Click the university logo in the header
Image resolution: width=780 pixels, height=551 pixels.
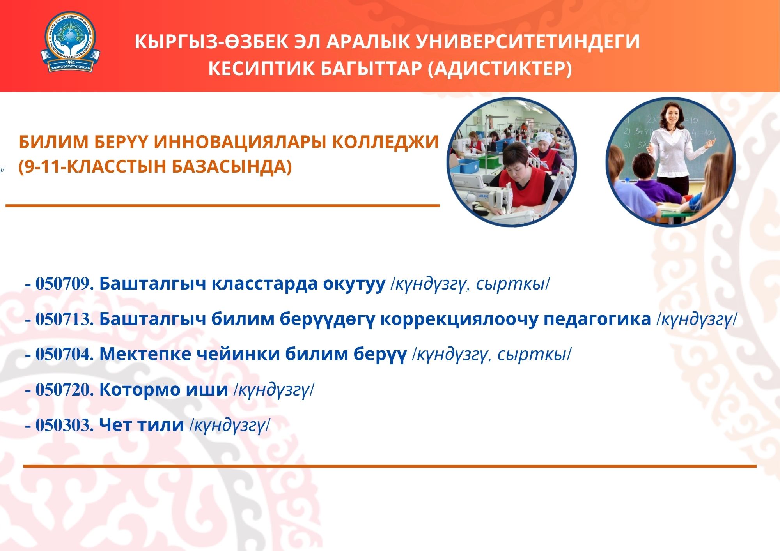(x=70, y=42)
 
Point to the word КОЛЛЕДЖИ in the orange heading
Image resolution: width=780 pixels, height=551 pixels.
(x=386, y=142)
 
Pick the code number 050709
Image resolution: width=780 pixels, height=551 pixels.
(x=63, y=284)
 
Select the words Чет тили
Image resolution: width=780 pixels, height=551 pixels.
(x=142, y=425)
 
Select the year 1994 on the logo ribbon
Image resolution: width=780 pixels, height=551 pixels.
(x=71, y=62)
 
